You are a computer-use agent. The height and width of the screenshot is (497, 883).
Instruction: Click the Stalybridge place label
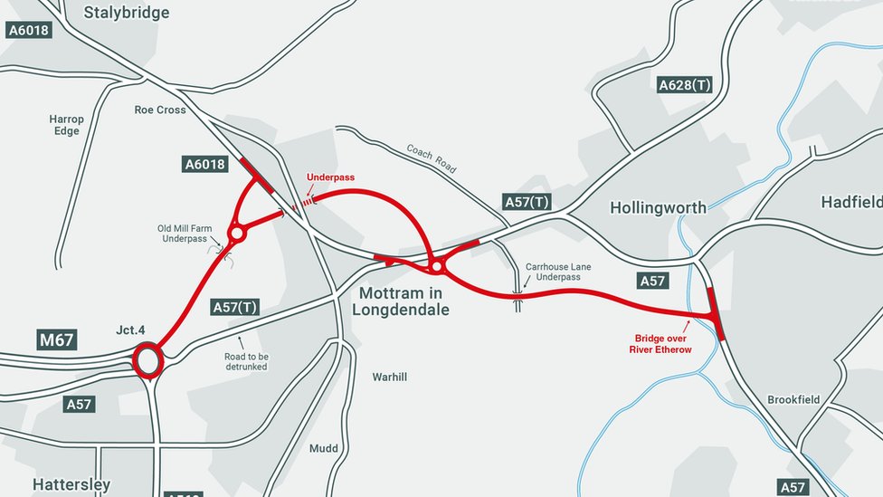pos(126,13)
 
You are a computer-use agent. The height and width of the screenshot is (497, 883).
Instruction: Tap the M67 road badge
pos(57,339)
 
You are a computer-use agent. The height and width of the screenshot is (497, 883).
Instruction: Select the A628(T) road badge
pos(684,85)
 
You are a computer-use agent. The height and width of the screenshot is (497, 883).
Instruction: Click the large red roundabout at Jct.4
pos(147,360)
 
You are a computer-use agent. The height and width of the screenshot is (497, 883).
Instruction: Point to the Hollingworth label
pos(658,207)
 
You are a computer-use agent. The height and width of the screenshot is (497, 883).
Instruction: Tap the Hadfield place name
pos(850,202)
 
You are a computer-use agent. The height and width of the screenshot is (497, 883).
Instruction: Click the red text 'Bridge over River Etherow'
pos(660,344)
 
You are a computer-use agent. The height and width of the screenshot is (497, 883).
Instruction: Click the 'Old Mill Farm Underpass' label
pos(185,234)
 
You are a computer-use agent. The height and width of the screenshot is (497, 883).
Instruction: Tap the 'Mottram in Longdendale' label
pos(400,301)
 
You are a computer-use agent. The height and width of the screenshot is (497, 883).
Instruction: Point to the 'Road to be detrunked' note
pos(246,362)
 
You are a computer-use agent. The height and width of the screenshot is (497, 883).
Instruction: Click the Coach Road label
pos(432,158)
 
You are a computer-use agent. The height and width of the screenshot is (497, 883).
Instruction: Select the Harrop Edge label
pos(66,125)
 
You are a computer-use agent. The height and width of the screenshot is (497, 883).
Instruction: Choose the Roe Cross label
pos(160,110)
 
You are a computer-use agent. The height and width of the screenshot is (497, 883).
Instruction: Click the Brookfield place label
pos(793,399)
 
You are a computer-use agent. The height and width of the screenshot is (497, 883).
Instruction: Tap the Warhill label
pos(390,377)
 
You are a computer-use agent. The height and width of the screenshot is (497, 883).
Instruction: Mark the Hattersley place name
pos(71,485)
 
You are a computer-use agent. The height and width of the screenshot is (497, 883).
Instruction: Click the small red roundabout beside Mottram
pos(437,266)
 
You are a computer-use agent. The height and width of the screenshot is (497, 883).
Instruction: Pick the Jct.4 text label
pos(130,330)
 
